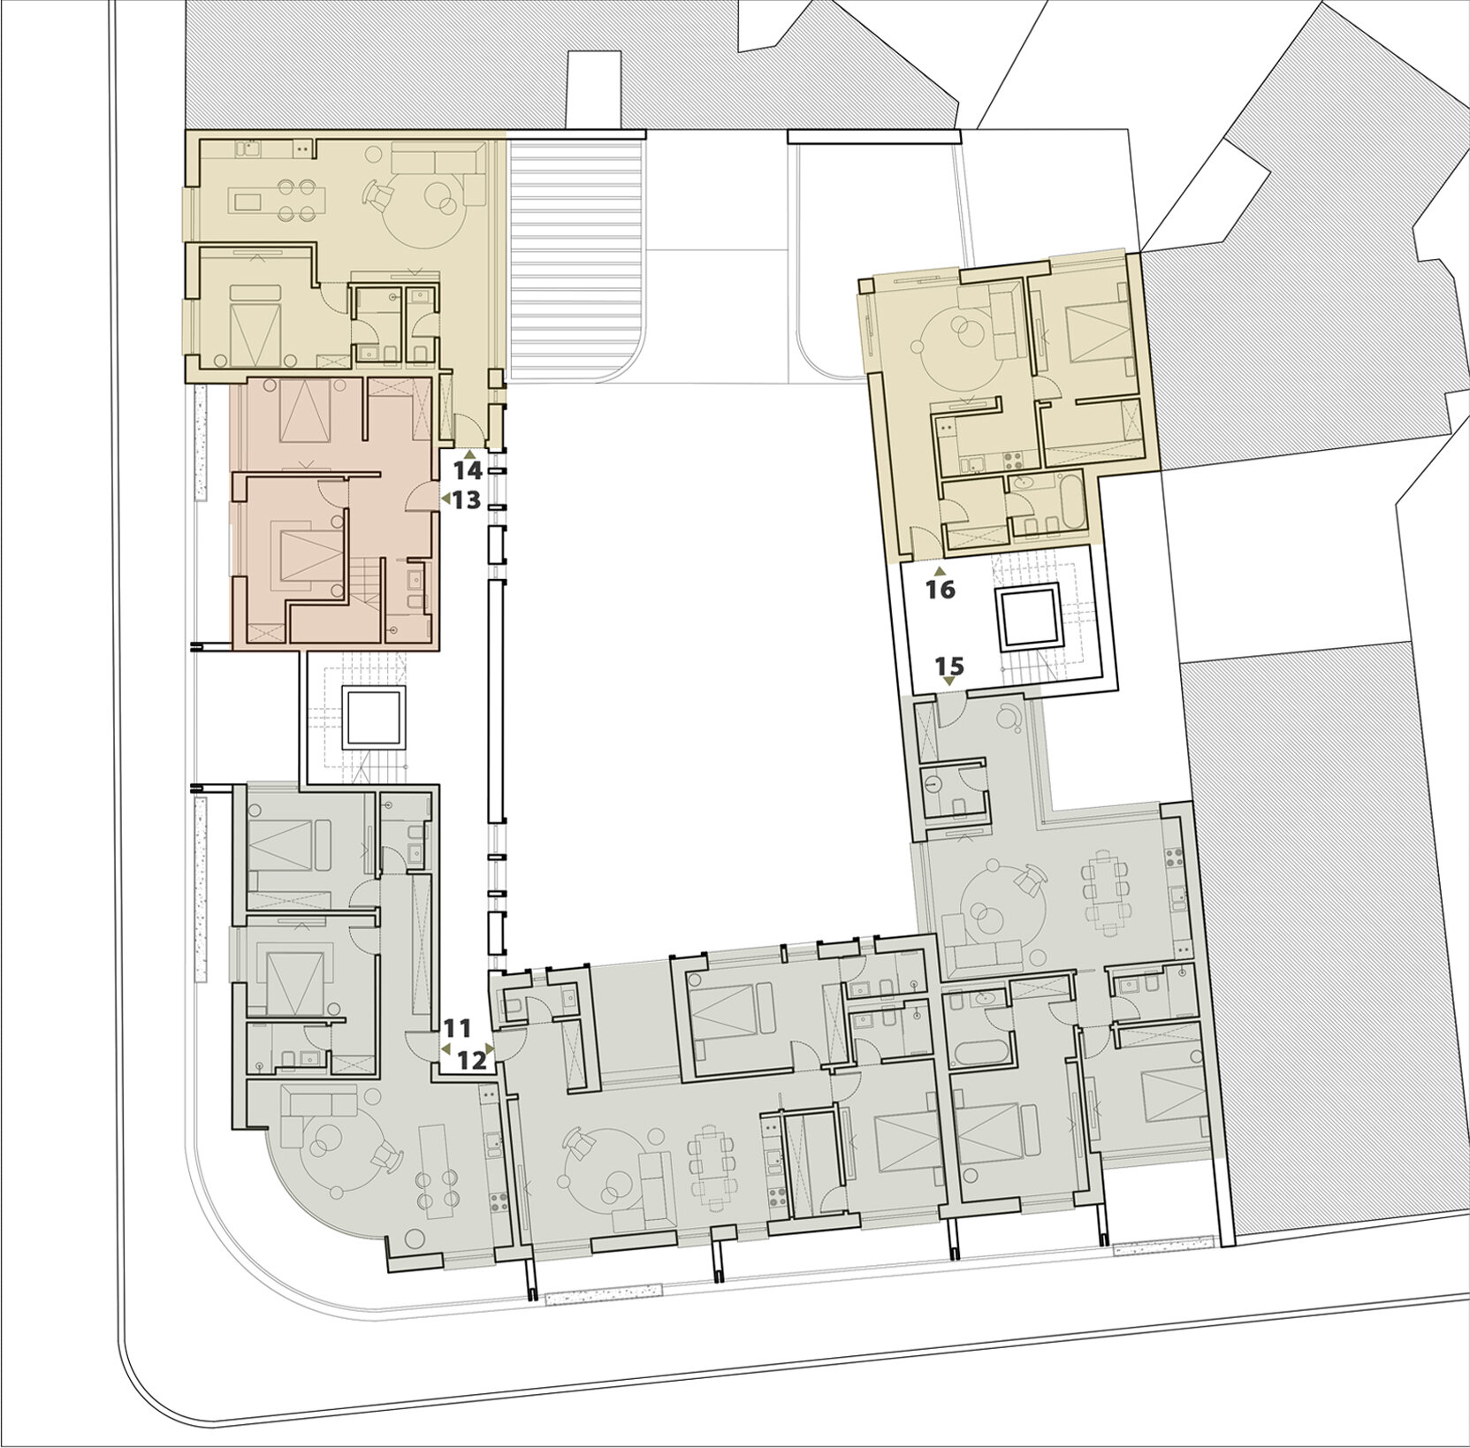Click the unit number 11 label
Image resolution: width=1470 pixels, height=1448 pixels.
pos(457,1028)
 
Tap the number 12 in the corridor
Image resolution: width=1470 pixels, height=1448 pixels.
pos(473,1059)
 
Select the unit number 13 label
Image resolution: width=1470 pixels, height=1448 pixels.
pos(466,500)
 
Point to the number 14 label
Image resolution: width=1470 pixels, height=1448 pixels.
pos(468,469)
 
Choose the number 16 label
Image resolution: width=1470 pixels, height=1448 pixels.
pos(941,590)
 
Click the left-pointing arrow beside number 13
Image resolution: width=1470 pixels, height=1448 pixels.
pos(446,499)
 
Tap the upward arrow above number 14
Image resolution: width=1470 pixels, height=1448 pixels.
pos(469,453)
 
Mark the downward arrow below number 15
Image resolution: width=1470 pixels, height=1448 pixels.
pos(948,682)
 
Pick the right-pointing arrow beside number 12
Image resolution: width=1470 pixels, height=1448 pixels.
pos(491,1049)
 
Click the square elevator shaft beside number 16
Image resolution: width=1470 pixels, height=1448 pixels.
pos(1028,616)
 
